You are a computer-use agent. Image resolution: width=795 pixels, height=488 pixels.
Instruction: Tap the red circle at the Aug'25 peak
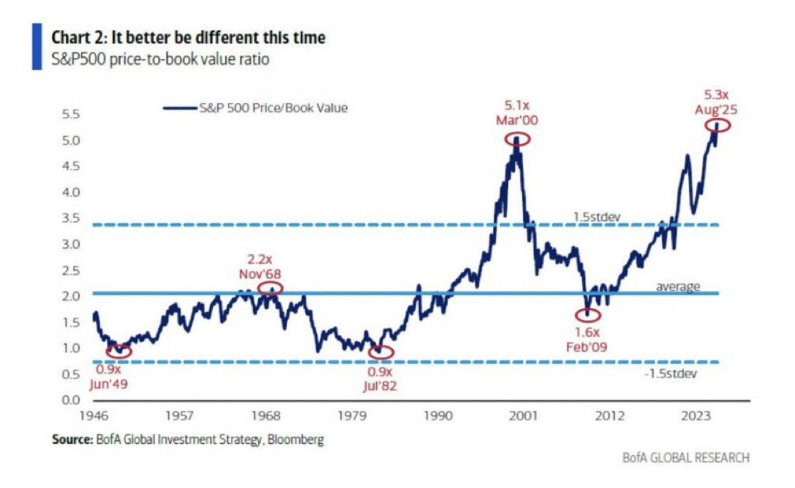[x=718, y=126]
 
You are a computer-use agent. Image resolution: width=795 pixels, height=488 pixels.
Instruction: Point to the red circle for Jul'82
[x=382, y=352]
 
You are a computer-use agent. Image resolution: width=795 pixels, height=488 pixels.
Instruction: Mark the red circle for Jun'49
[x=119, y=351]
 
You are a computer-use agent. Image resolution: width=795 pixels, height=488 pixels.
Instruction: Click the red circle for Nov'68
[x=270, y=289]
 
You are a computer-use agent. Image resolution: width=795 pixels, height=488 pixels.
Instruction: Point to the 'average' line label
[x=677, y=287]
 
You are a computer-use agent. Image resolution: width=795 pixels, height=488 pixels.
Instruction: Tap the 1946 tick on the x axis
[x=95, y=415]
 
